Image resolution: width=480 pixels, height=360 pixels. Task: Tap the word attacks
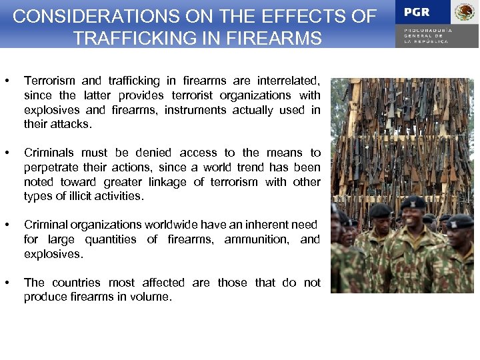(x=71, y=125)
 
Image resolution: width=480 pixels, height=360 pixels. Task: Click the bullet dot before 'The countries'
(x=7, y=283)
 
